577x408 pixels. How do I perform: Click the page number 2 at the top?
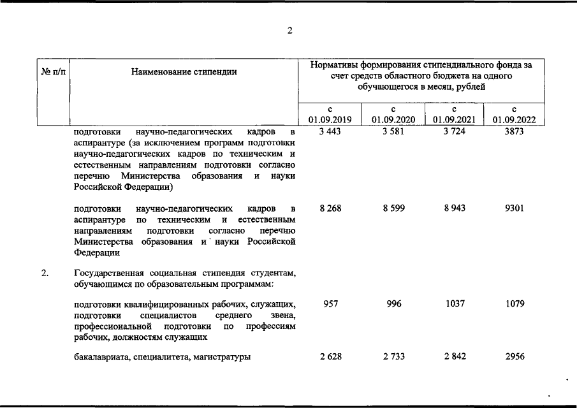click(x=289, y=30)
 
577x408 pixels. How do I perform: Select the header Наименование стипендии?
click(x=184, y=71)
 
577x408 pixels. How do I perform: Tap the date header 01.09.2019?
click(x=330, y=119)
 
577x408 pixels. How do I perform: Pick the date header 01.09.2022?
click(x=514, y=119)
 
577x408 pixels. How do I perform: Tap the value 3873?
click(x=514, y=132)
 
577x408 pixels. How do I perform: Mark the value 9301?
click(x=514, y=208)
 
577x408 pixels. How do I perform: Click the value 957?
click(x=330, y=304)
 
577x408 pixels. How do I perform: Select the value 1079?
click(x=514, y=304)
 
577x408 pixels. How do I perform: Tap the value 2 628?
click(x=330, y=356)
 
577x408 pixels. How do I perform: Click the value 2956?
click(x=514, y=356)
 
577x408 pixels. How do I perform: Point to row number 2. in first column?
click(x=45, y=273)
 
